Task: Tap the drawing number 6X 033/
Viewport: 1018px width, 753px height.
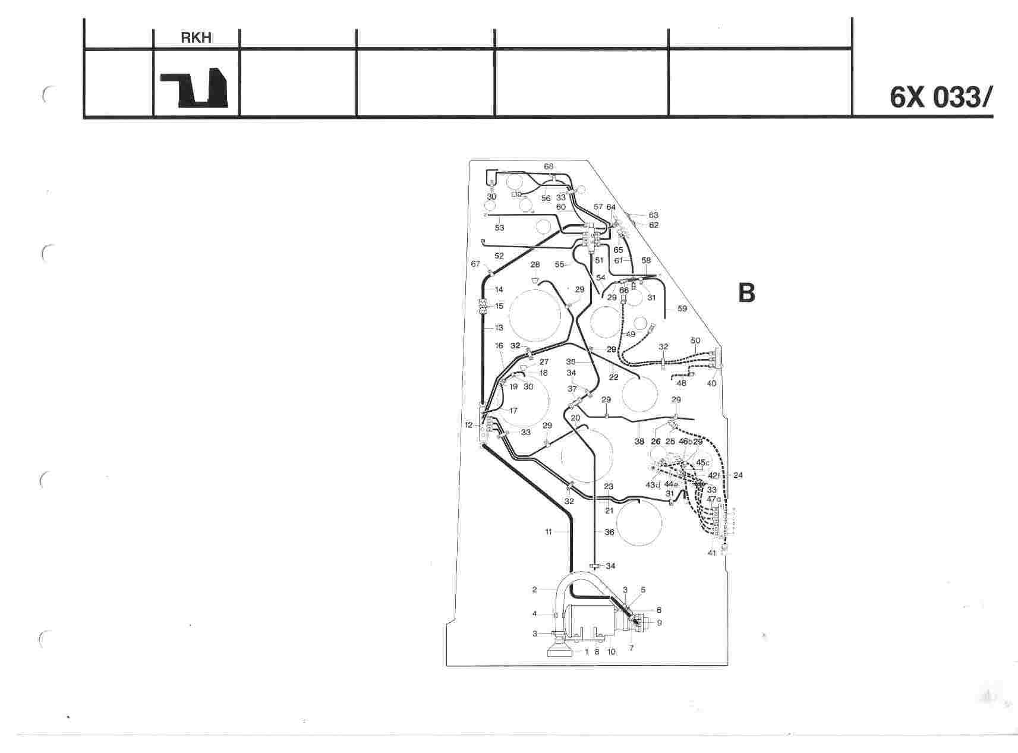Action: tap(941, 97)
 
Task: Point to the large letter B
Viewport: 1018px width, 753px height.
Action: tap(746, 293)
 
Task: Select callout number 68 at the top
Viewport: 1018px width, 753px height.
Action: tap(549, 166)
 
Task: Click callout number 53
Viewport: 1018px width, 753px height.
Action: tap(499, 228)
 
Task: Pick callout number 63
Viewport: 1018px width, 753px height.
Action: tap(653, 215)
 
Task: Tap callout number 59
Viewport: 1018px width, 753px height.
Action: tap(682, 308)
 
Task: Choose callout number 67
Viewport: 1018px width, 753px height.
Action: tap(475, 264)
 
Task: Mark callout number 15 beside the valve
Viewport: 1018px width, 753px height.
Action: tap(499, 306)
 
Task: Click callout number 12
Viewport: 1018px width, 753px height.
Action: tap(468, 425)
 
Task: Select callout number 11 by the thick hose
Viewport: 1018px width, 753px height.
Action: tap(549, 532)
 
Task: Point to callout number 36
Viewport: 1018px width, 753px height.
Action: tap(609, 533)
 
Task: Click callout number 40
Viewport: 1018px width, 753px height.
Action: tap(711, 383)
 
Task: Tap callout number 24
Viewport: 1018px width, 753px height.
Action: tap(738, 475)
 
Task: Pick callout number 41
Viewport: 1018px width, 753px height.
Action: tap(711, 553)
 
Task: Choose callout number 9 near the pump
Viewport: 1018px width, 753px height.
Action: tap(659, 623)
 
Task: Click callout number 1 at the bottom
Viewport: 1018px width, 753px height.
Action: tap(587, 652)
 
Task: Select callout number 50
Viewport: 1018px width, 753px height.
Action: tap(696, 341)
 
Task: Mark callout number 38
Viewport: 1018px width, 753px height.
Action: tap(639, 442)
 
